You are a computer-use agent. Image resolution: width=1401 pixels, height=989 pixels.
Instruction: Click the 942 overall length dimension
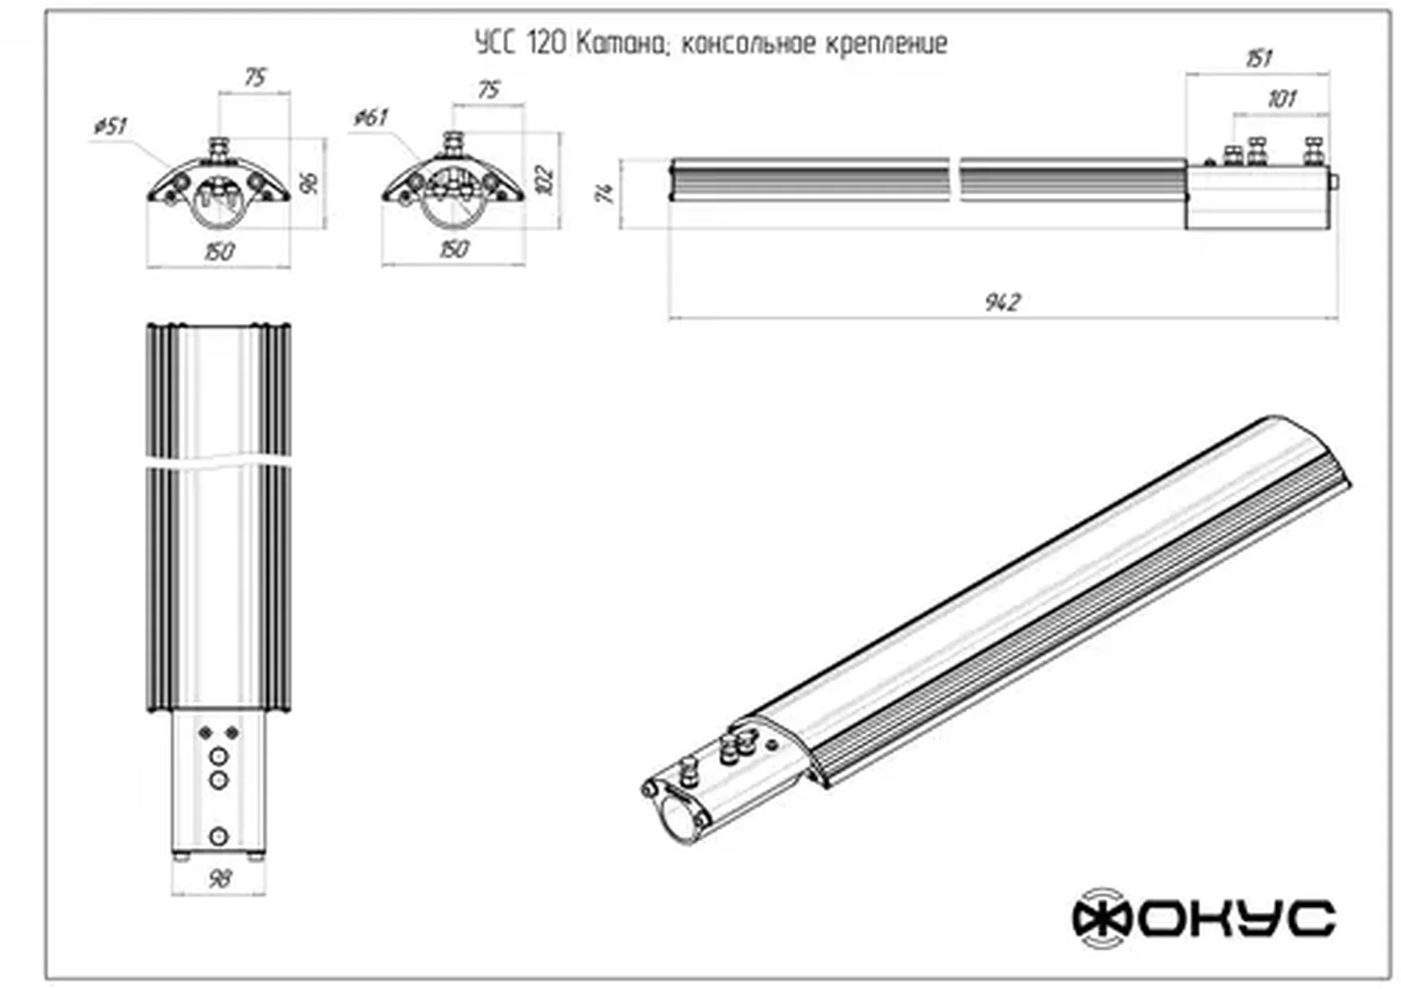click(1002, 302)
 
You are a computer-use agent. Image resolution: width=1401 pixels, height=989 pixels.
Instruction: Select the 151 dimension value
click(1258, 59)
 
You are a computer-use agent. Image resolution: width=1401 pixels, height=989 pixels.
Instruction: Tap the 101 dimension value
click(1281, 99)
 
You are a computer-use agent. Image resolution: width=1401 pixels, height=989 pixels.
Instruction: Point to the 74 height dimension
click(605, 193)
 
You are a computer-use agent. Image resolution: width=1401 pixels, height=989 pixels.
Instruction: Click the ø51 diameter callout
click(111, 126)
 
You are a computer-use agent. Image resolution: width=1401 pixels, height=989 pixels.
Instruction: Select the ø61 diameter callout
click(371, 117)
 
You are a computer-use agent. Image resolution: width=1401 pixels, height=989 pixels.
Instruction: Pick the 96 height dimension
click(310, 182)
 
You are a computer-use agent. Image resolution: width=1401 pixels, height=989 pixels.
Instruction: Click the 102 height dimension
click(545, 180)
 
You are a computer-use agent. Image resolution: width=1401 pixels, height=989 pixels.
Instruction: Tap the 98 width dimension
click(219, 878)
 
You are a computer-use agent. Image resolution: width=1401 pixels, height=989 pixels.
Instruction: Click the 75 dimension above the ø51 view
click(255, 77)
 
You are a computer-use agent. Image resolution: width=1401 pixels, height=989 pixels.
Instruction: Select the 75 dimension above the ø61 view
click(489, 90)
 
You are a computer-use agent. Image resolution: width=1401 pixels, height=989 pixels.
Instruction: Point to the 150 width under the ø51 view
click(219, 251)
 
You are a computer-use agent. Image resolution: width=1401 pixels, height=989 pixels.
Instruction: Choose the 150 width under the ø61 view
click(454, 248)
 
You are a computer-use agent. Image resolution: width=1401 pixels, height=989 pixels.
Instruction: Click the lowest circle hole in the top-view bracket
click(218, 836)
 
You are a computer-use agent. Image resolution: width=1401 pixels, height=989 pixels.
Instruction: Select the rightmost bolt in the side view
click(1312, 152)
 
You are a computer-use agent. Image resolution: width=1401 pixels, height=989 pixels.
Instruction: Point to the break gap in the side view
click(955, 179)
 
